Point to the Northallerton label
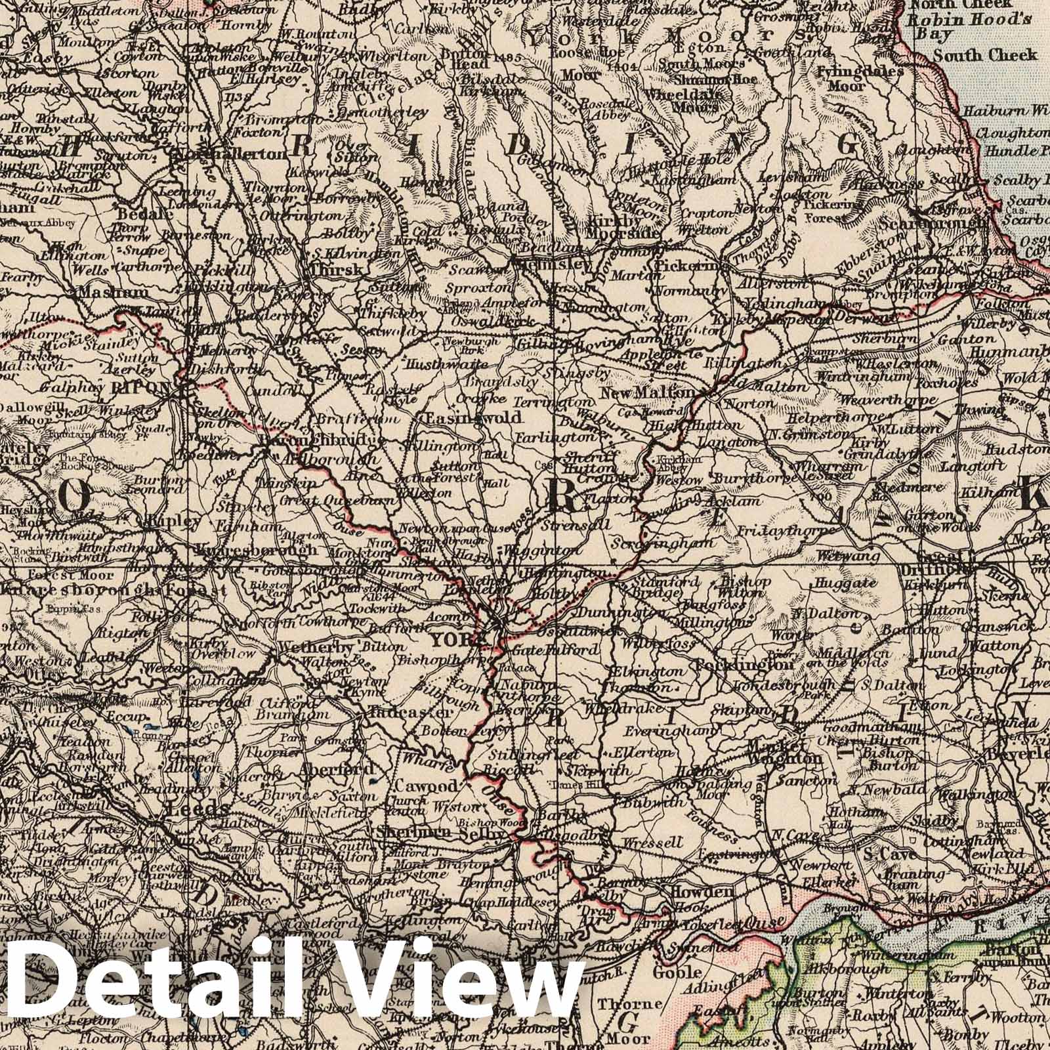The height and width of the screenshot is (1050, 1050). coord(228,154)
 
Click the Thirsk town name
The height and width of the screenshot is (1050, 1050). coord(335,270)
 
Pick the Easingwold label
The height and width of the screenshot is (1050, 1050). coord(473,418)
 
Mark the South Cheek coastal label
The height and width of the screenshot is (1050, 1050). coord(985,55)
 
